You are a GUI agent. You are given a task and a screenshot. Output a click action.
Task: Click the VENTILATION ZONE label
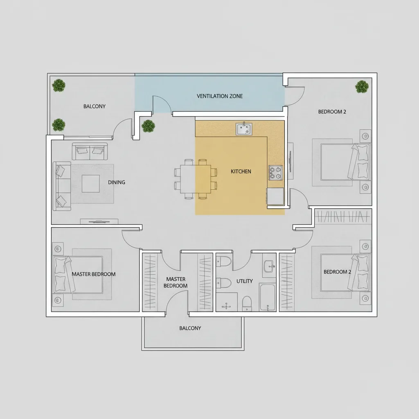pos(220,96)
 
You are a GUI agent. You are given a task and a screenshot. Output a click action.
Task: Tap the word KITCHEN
pos(241,171)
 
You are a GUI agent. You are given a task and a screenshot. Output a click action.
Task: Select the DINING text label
pos(117,182)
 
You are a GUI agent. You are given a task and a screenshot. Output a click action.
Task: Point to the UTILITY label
pos(245,281)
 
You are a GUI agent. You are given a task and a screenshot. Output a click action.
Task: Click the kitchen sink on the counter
pos(244,129)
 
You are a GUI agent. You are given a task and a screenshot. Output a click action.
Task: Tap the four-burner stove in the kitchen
pos(275,173)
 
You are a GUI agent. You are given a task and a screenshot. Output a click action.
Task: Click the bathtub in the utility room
pos(268,297)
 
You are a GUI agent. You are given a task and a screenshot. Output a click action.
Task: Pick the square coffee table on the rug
pos(90,183)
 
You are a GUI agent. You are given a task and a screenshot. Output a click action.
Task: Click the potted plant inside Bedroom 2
pos(362,87)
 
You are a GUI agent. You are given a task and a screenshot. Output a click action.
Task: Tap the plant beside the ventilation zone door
pos(148,126)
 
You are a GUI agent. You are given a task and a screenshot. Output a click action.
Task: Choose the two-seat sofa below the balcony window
pos(90,151)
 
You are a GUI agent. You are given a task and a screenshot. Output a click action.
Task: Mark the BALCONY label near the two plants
pos(95,106)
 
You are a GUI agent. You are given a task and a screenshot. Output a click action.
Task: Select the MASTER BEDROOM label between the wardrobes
pos(176,282)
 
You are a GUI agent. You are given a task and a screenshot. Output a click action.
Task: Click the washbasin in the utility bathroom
pos(269,266)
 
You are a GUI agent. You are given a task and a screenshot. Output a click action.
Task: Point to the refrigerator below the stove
pos(275,196)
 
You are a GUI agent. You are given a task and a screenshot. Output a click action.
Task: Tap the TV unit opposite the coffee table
pos(99,221)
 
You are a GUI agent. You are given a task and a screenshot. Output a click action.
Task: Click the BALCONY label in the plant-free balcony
pos(190,328)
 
